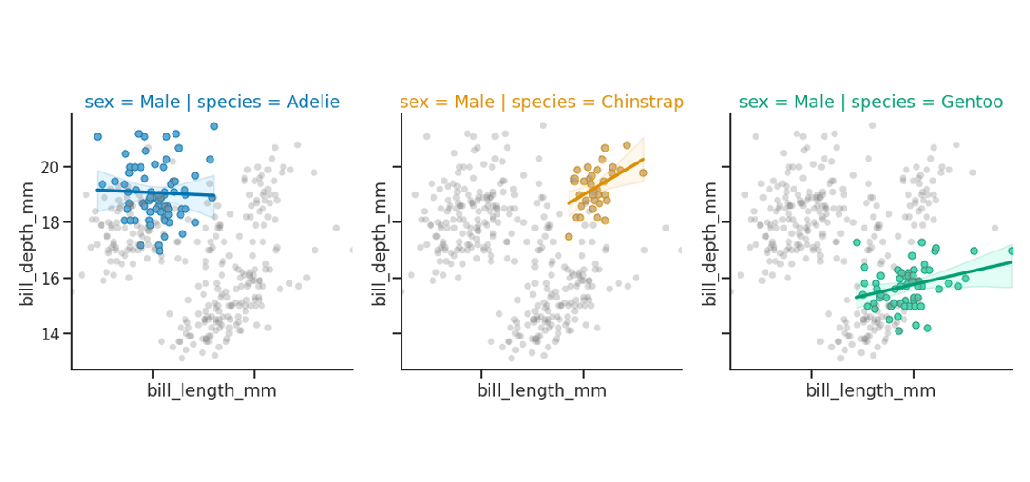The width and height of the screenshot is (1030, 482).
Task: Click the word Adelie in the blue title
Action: (x=311, y=103)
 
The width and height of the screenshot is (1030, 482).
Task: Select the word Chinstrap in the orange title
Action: (x=641, y=103)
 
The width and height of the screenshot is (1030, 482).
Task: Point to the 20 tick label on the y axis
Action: (x=49, y=167)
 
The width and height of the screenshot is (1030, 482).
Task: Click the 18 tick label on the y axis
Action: (x=49, y=222)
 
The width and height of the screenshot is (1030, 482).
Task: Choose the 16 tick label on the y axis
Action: (x=49, y=279)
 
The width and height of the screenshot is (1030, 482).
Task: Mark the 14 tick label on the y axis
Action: (x=49, y=334)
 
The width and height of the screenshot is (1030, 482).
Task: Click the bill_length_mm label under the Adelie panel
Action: (x=212, y=391)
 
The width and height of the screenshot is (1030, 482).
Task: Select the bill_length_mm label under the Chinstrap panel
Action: (x=541, y=391)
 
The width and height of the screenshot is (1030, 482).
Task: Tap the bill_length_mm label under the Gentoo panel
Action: (x=870, y=391)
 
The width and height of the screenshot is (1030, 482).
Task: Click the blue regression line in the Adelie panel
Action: (x=154, y=192)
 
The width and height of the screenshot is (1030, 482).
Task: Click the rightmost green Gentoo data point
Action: (x=1011, y=251)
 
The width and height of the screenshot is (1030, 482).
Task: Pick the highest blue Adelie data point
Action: (x=213, y=126)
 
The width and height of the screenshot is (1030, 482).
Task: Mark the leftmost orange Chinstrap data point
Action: (x=569, y=237)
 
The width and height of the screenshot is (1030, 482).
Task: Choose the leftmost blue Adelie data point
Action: (x=97, y=137)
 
